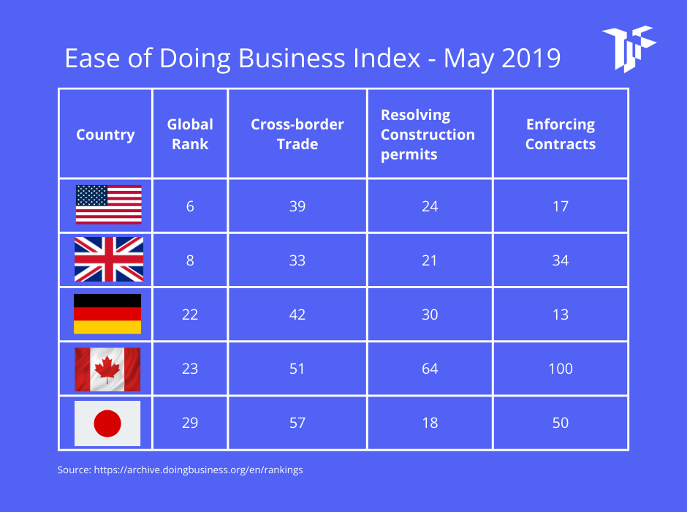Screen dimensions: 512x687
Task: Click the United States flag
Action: click(108, 205)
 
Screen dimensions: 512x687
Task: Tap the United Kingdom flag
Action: click(108, 260)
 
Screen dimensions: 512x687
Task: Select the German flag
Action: click(107, 314)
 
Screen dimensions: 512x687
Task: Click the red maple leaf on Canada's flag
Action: click(107, 369)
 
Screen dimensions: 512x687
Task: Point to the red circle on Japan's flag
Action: click(107, 423)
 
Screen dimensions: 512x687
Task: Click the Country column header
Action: click(105, 135)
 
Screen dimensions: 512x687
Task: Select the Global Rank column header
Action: click(190, 134)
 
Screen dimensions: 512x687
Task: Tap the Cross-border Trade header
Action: click(297, 134)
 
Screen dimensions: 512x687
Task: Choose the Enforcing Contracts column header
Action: click(560, 134)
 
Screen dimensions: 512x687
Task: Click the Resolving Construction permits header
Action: click(428, 135)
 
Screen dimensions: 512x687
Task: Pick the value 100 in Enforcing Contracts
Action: click(560, 369)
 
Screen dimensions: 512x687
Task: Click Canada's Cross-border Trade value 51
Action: click(297, 369)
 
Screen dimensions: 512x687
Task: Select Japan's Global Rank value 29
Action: click(190, 423)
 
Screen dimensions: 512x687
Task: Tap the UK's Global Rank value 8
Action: click(190, 260)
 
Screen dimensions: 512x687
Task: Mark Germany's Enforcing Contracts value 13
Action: click(560, 315)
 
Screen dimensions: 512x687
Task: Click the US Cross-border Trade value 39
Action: click(297, 206)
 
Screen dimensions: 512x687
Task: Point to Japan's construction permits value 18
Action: click(430, 423)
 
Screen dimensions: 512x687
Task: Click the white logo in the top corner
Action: click(628, 48)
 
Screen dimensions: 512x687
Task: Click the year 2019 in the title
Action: click(531, 59)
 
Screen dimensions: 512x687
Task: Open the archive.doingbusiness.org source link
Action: click(198, 470)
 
